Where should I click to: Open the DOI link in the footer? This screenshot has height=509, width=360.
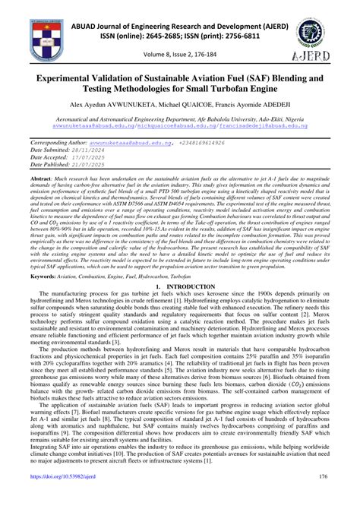[71, 497]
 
